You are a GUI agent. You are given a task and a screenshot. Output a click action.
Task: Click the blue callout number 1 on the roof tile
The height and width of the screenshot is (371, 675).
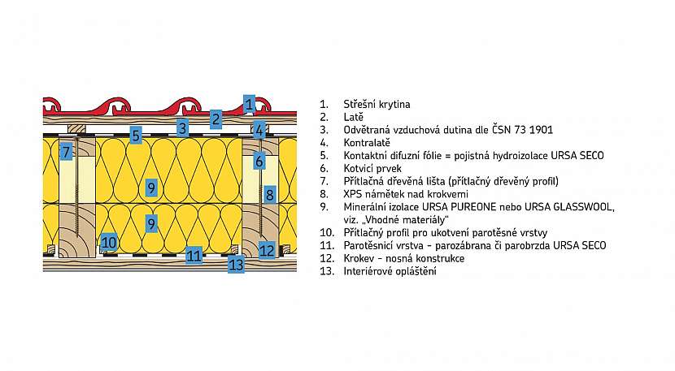coord(249,104)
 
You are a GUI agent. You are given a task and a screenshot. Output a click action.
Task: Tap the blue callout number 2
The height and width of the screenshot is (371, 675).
coord(216,119)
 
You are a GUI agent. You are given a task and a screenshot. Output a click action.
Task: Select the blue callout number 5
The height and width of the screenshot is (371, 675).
coord(136,136)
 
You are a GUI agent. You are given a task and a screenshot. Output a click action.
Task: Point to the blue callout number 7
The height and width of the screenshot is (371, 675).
coord(66,152)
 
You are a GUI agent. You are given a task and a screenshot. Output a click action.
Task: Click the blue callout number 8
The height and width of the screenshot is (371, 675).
coord(269,194)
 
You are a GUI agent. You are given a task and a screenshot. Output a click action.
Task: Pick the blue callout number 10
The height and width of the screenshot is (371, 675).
coord(108,243)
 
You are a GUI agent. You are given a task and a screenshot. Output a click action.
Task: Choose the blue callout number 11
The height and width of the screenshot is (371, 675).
coord(194,256)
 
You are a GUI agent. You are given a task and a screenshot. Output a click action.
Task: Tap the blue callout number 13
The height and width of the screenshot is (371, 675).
coord(236,265)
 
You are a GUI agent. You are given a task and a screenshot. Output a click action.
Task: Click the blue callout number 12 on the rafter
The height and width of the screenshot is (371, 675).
coord(267,250)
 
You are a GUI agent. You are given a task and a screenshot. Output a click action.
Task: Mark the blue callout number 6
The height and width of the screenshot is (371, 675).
coord(259,162)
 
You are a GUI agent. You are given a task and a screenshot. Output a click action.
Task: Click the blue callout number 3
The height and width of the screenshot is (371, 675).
coord(182,127)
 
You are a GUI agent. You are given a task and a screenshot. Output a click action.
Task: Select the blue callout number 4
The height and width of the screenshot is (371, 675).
coord(259,129)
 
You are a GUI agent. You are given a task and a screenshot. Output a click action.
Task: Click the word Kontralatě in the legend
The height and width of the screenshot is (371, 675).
coord(367,143)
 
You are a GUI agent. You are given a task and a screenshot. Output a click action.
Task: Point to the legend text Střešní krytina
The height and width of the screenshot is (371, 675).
coord(377,105)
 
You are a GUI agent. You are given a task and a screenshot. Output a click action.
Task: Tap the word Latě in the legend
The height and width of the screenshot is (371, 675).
coord(354,117)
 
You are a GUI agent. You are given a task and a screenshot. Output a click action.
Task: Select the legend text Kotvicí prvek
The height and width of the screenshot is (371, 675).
coord(372,169)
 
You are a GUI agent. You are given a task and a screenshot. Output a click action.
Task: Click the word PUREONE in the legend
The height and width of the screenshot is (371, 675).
coord(473,207)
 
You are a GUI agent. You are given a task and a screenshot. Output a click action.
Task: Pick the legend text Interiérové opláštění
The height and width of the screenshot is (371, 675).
coord(390,271)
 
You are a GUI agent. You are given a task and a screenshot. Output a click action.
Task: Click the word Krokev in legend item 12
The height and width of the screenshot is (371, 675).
coord(358,258)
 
